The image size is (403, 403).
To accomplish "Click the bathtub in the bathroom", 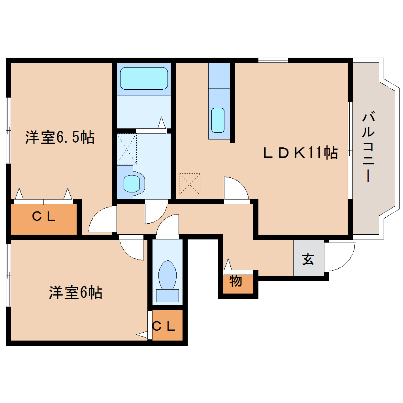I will point(144,78).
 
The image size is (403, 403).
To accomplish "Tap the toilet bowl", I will point(168,275).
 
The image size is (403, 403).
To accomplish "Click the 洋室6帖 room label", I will point(76,293).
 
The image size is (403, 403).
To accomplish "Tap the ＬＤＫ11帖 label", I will point(300,153).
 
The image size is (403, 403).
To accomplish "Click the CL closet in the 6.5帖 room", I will point(43,217).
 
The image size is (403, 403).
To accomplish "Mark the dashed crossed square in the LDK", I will point(189,184).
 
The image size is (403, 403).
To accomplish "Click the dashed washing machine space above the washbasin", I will point(127,149).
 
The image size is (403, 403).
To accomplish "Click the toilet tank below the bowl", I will point(168,296).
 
